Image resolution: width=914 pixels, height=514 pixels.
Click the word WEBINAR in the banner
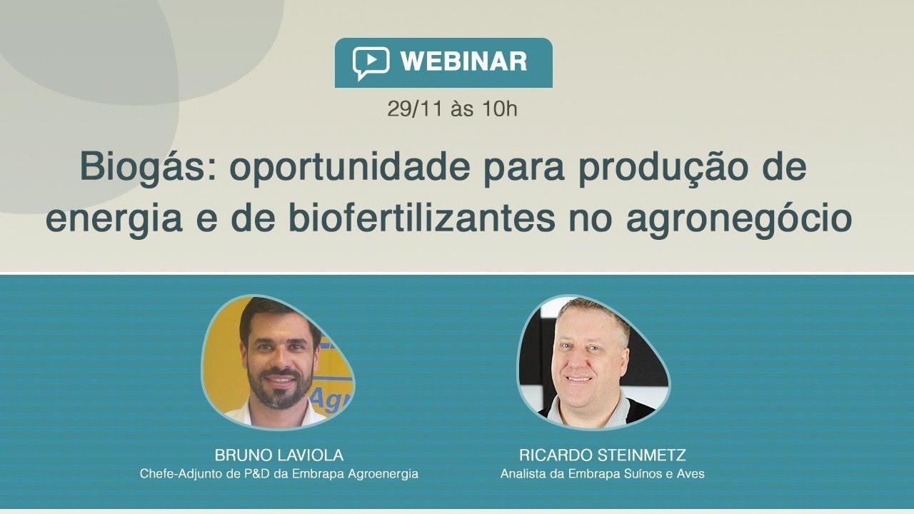tap(463, 62)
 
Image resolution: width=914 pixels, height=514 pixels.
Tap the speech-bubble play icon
tap(371, 63)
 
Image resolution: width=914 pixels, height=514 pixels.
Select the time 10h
tap(499, 109)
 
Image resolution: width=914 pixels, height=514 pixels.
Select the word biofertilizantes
tap(422, 218)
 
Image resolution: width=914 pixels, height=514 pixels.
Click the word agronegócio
tap(739, 218)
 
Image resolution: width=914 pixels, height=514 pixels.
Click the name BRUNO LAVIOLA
tap(279, 455)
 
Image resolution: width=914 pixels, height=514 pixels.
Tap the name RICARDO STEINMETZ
tap(603, 455)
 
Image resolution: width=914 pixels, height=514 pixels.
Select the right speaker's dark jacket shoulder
tap(636, 410)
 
